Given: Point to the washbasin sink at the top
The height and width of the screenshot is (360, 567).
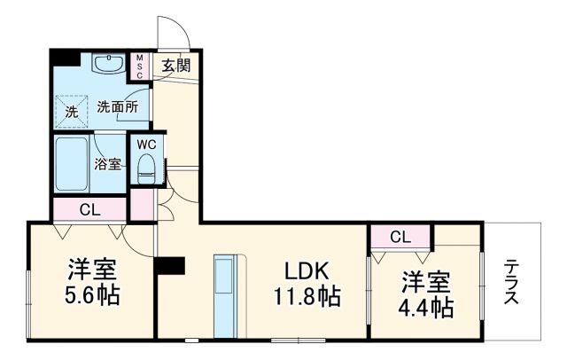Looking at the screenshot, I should coord(110,63).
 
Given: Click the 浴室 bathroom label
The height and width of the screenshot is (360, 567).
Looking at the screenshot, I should coord(107,164).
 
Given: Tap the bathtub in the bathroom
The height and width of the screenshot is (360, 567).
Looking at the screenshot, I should coord(72,163).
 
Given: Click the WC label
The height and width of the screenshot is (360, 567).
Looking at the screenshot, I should coord(146,144).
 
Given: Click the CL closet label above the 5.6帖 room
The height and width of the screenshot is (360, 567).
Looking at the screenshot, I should coord(89,210).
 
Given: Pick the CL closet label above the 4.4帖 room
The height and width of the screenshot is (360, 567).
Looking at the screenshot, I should coord(400,237).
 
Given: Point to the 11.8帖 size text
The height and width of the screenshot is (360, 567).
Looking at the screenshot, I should coord(307,297).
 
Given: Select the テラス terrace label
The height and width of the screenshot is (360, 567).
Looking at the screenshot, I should coord(512,283).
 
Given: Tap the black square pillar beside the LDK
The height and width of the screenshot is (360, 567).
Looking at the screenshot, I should coord(168,266).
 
